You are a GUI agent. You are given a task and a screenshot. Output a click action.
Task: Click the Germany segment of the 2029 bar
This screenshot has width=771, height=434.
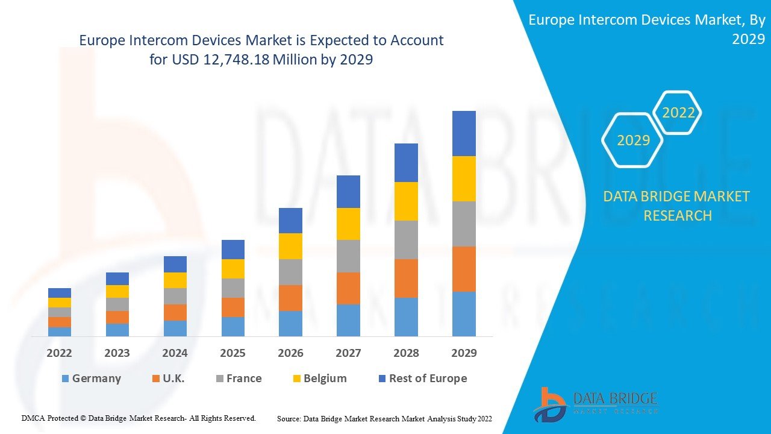(x=464, y=313)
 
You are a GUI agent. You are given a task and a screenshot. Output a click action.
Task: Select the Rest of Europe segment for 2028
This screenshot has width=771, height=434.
(x=406, y=163)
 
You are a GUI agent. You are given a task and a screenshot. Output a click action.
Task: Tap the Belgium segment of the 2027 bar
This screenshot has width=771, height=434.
(x=348, y=224)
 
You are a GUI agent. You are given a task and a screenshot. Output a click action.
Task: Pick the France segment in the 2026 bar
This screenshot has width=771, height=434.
(x=290, y=272)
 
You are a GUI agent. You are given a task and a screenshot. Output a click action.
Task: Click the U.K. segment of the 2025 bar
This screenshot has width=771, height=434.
(x=233, y=307)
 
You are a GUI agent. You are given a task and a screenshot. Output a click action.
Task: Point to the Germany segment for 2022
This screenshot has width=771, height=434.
(x=60, y=332)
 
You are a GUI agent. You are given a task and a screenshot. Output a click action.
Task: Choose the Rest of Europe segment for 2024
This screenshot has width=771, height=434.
(x=175, y=264)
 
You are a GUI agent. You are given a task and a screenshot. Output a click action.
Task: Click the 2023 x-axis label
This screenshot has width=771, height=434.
(x=117, y=353)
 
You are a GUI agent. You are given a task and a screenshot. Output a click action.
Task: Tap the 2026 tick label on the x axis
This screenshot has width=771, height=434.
(x=290, y=353)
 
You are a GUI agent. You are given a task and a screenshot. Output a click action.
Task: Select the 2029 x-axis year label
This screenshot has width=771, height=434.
(x=464, y=353)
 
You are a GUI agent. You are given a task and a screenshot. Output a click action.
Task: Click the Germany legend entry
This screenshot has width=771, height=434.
(x=91, y=379)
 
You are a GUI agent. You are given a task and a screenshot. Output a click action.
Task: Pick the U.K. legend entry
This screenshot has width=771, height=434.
(x=168, y=379)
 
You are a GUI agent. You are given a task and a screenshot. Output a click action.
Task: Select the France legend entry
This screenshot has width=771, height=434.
(x=239, y=379)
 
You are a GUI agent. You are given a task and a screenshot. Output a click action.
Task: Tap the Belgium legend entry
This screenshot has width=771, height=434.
(x=319, y=379)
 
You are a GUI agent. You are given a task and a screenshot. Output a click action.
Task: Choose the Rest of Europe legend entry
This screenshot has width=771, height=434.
(x=422, y=379)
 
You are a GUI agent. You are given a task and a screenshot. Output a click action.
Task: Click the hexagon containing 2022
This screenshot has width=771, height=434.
(x=678, y=113)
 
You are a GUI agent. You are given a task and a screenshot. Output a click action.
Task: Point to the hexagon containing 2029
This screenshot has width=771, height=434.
(x=633, y=140)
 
